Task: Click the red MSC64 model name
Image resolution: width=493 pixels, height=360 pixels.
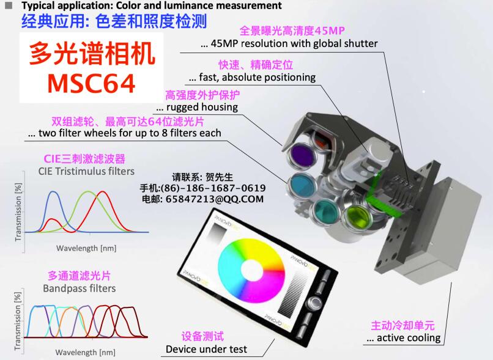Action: (x=92, y=84)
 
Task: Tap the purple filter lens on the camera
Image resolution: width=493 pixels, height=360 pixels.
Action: (x=302, y=155)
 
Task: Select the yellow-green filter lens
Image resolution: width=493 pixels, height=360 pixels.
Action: (x=358, y=216)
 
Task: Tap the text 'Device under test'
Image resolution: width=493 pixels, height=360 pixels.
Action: (x=206, y=349)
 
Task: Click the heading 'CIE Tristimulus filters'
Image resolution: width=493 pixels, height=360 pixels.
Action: (x=86, y=171)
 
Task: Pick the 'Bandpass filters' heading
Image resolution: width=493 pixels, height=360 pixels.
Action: (x=80, y=288)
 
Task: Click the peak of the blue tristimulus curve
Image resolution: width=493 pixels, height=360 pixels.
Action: (x=54, y=191)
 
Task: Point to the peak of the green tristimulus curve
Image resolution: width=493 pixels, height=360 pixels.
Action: (x=89, y=191)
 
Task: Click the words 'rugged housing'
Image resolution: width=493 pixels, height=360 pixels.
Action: (x=202, y=107)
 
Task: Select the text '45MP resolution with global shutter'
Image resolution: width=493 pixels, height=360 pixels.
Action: (x=294, y=43)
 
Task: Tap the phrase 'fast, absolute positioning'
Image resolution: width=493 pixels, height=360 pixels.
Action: (x=257, y=77)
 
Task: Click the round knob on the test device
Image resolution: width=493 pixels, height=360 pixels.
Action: (x=314, y=302)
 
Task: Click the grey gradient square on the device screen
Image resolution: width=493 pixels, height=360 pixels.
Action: (x=220, y=233)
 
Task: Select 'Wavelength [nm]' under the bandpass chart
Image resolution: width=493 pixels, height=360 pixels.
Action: (x=85, y=352)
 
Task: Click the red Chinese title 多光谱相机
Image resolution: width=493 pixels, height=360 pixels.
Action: (x=92, y=54)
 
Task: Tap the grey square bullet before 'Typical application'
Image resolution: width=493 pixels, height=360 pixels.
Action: (x=9, y=6)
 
